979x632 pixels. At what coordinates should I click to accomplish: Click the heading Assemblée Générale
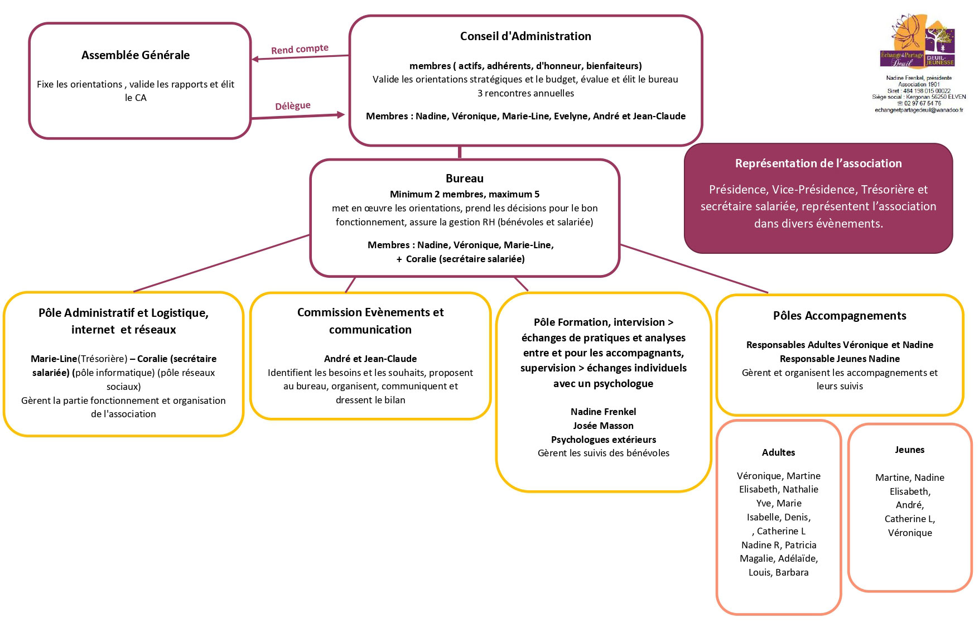136,55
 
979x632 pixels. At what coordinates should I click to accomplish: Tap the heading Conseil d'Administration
525,36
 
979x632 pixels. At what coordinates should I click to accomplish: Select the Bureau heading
465,178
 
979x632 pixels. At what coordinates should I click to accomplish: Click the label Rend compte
300,49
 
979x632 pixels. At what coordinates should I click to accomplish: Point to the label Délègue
293,106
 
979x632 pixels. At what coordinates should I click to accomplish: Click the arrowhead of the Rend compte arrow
255,59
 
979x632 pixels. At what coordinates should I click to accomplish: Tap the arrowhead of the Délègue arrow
341,115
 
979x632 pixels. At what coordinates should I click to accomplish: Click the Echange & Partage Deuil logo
918,41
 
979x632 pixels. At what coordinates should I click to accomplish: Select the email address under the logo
919,110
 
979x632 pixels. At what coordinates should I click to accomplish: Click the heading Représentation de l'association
818,163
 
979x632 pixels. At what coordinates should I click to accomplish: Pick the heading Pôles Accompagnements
840,316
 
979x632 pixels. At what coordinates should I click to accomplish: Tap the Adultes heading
779,452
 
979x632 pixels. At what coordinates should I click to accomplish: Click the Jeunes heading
910,450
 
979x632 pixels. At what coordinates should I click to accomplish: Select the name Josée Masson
603,426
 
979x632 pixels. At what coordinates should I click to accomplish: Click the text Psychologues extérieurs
604,440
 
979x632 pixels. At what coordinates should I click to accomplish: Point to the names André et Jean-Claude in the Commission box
370,359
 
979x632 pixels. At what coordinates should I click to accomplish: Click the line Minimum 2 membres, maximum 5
465,194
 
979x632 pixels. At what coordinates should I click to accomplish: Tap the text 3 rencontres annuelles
525,93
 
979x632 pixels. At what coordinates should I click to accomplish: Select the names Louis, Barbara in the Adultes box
779,572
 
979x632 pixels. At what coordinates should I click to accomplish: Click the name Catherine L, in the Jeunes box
910,519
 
